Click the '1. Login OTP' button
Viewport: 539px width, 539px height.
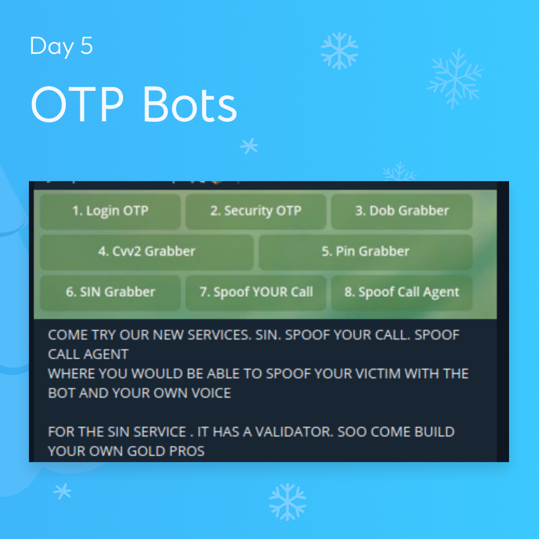[x=110, y=211]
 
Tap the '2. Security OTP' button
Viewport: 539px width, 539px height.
[x=256, y=211]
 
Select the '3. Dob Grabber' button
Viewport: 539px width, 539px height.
[x=402, y=211]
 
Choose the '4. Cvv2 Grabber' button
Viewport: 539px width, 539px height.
[x=147, y=252]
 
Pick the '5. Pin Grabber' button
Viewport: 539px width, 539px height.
[x=365, y=252]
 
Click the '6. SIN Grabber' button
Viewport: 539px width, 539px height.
[x=110, y=292]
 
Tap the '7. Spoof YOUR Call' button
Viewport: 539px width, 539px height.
[x=256, y=292]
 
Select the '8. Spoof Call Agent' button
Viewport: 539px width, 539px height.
[x=402, y=292]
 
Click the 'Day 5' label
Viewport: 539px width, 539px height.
[x=61, y=46]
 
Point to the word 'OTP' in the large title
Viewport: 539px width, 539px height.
[x=77, y=105]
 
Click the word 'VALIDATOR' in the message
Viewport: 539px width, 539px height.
[x=293, y=432]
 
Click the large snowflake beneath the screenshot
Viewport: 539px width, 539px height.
[x=287, y=502]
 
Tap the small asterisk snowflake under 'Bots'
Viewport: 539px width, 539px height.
[x=249, y=146]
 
